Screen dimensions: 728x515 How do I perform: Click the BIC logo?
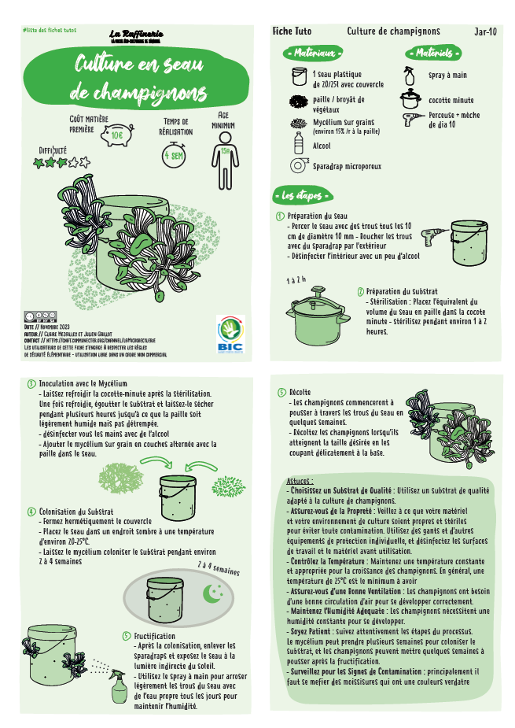(x=230, y=334)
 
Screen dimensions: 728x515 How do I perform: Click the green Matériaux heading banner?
(x=313, y=54)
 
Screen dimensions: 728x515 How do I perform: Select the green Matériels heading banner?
(x=433, y=54)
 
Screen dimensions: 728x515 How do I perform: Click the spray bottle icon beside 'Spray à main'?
(x=409, y=76)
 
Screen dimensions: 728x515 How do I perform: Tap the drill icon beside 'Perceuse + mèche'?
(x=411, y=120)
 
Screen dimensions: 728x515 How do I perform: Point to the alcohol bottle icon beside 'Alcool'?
(x=299, y=143)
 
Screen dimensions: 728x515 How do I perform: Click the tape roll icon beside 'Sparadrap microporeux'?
(x=298, y=166)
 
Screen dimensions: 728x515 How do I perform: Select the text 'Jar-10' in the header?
(x=485, y=32)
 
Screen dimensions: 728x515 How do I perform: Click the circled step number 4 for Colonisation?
(x=31, y=512)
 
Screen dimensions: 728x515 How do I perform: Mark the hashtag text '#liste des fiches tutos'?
(x=48, y=30)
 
